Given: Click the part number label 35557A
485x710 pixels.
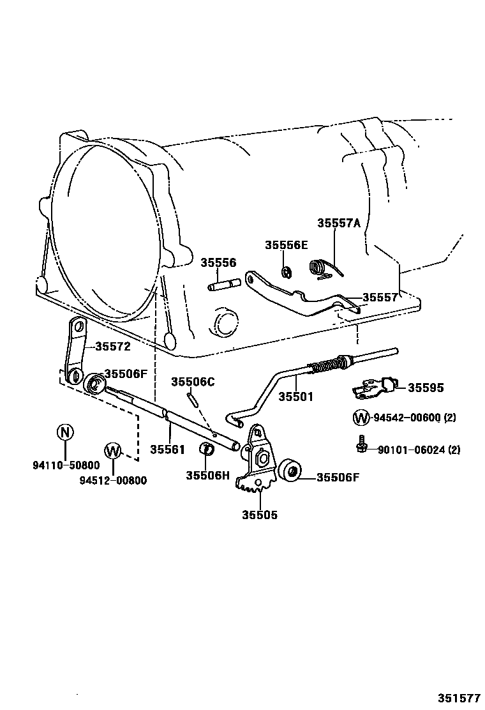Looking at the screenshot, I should [x=339, y=223].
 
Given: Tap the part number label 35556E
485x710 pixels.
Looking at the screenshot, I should [x=287, y=245].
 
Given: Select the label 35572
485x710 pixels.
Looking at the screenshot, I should [x=113, y=347].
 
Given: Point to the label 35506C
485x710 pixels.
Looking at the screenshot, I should [x=193, y=382].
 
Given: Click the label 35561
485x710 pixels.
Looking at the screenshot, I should [x=168, y=449].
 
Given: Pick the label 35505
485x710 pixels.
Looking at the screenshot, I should [x=260, y=515].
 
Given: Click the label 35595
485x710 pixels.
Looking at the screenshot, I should [x=426, y=388].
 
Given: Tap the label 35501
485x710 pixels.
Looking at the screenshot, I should [x=295, y=397].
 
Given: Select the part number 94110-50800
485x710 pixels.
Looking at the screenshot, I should [x=66, y=465].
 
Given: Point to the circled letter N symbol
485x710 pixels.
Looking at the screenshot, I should [x=66, y=432].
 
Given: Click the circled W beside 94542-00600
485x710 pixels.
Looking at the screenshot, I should [x=361, y=418].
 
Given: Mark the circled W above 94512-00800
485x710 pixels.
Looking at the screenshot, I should [x=113, y=451].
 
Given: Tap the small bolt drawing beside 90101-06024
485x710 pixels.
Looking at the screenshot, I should [x=361, y=444].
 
